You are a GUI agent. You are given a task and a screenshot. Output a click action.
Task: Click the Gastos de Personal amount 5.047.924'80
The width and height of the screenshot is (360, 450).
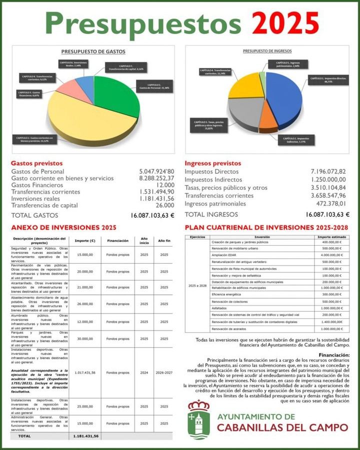pos(156,171)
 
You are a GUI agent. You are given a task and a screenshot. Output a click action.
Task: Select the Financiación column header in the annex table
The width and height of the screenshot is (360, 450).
pos(117,240)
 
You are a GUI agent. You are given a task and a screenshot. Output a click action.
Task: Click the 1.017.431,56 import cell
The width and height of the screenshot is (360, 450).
pos(83,373)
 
